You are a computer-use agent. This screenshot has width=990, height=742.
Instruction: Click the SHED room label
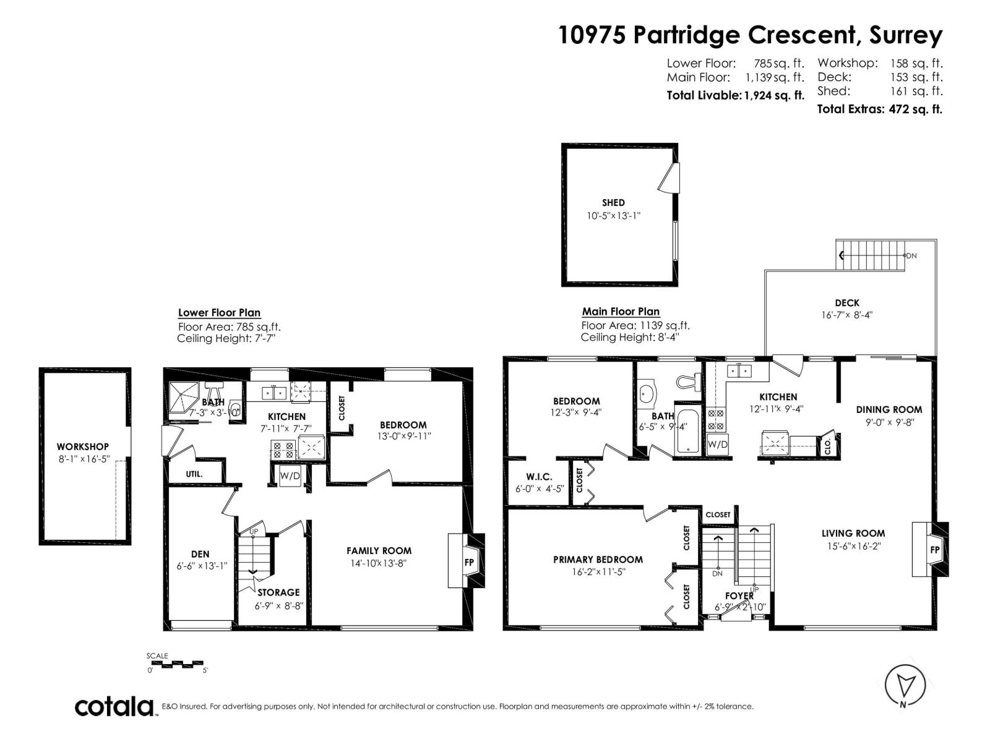point(613,203)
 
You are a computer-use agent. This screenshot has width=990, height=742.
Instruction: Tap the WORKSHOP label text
point(82,446)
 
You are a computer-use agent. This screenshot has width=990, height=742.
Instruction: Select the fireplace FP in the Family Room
point(469,562)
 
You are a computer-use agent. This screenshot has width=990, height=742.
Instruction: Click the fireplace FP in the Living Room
point(934,550)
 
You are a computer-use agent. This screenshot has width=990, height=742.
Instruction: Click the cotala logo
point(115,706)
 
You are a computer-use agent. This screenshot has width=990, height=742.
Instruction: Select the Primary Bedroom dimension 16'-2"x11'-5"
point(598,573)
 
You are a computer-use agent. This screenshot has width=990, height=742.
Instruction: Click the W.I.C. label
point(538,477)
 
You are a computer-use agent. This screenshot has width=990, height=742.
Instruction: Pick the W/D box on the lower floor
point(290,476)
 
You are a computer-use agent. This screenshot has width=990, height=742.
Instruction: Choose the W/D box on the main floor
point(718,445)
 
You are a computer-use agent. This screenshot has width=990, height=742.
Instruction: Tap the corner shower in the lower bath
point(184,396)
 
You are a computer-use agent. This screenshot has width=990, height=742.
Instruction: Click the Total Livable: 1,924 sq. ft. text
point(735,95)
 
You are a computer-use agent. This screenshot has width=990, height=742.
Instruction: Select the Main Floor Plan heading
point(621,312)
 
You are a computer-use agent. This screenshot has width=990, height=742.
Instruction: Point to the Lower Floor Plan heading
point(219,313)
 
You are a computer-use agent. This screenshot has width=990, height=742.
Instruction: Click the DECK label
point(847,303)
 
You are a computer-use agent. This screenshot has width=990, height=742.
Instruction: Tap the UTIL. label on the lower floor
point(194,474)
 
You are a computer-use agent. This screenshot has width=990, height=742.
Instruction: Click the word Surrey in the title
point(906,35)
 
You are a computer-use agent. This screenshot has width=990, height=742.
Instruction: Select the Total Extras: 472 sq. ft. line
point(879,109)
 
